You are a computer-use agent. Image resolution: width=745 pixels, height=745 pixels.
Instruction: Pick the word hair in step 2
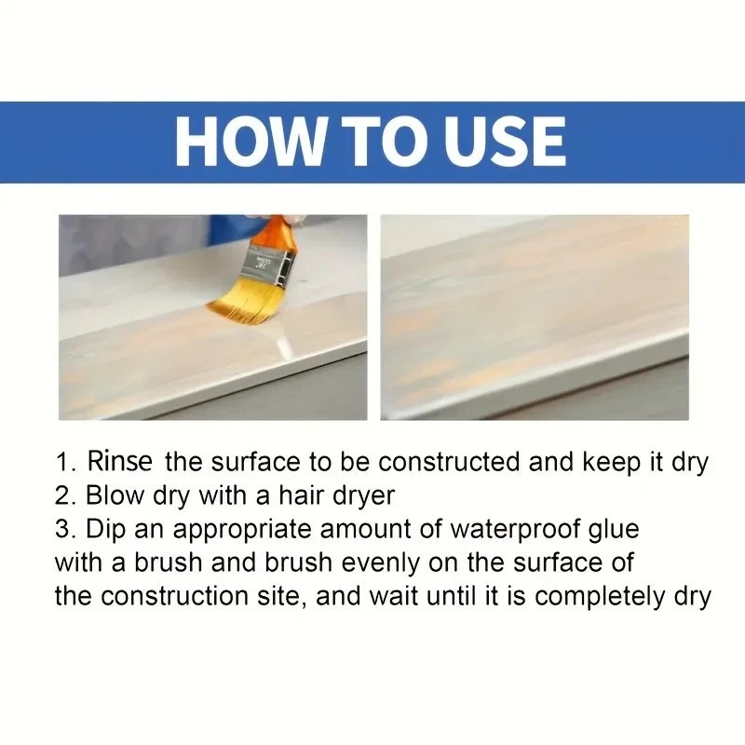pyautogui.click(x=299, y=495)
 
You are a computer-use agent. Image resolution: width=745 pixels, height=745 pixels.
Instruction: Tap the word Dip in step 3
pyautogui.click(x=104, y=530)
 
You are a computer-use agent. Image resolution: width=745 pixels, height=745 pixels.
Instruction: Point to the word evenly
pyautogui.click(x=363, y=562)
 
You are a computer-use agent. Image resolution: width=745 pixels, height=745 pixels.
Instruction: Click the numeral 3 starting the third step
pyautogui.click(x=61, y=530)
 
